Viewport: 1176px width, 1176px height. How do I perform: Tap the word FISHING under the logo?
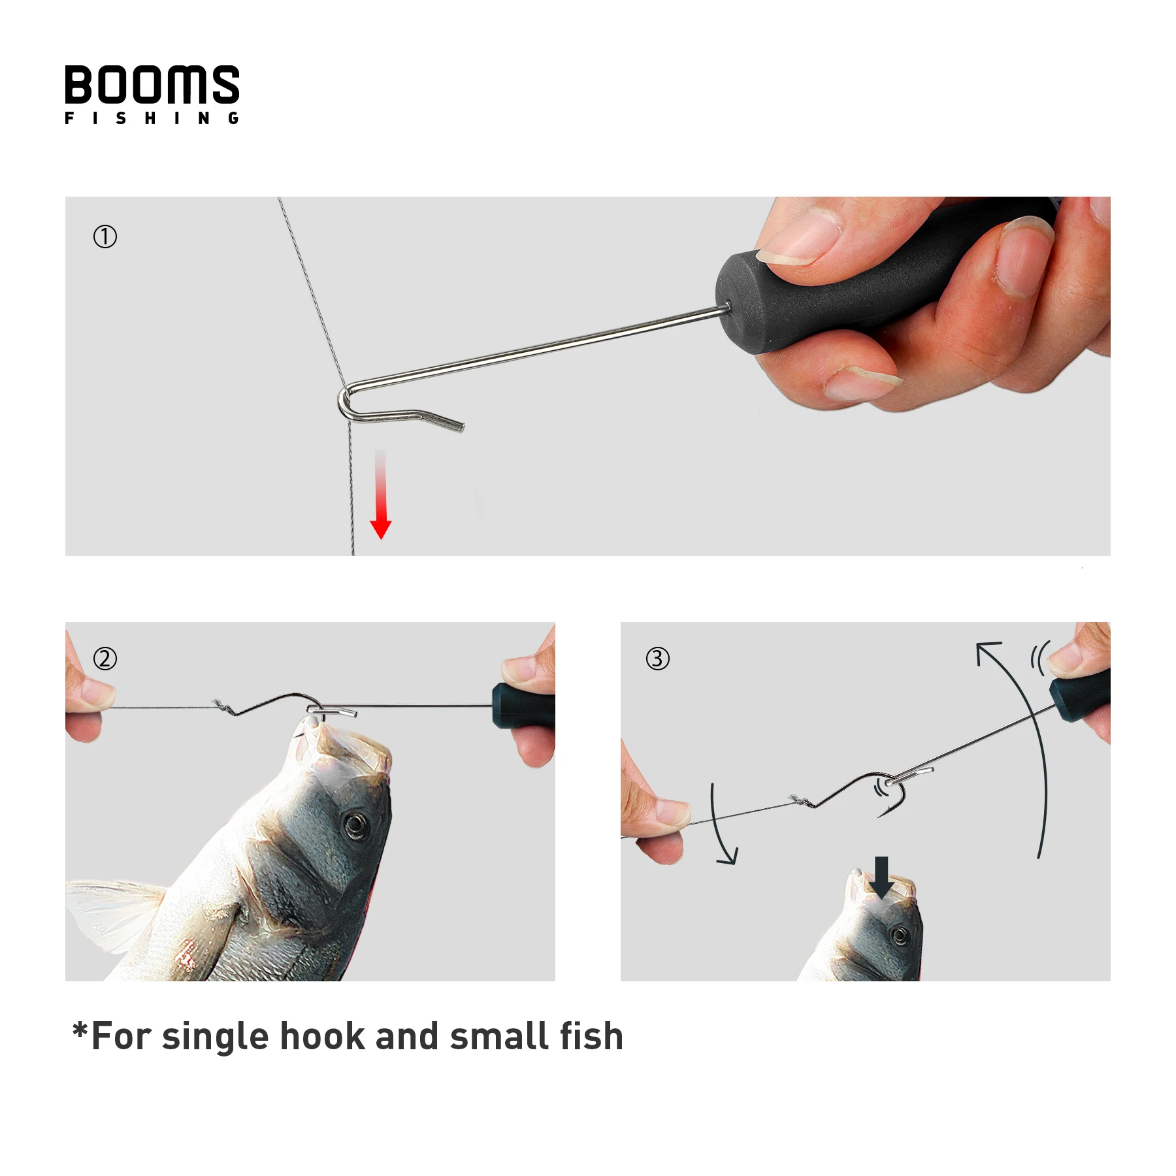(152, 118)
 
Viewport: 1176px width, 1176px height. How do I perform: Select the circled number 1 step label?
(105, 237)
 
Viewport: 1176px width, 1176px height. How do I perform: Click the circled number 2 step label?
(105, 659)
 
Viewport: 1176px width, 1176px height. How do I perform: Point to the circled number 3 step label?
(658, 659)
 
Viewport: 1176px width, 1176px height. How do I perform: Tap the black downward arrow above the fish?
(882, 877)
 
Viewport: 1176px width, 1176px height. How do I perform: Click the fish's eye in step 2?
(355, 825)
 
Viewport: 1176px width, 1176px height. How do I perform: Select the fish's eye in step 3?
(900, 937)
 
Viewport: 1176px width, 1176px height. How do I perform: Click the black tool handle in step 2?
(523, 706)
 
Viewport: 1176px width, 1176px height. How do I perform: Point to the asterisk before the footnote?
(80, 1030)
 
